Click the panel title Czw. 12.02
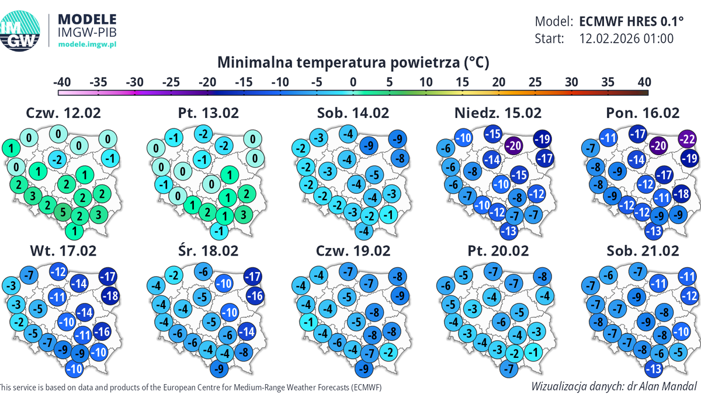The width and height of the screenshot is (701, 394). pyautogui.click(x=64, y=113)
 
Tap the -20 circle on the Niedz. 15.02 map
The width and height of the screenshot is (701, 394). pyautogui.click(x=513, y=144)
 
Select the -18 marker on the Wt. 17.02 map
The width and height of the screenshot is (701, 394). pyautogui.click(x=111, y=296)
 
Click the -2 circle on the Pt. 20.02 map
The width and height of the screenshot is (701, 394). pyautogui.click(x=513, y=354)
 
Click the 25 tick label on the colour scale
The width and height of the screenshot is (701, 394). pyautogui.click(x=535, y=82)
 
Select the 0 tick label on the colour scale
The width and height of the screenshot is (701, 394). pyautogui.click(x=353, y=82)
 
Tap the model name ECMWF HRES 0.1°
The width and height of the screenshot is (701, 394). pyautogui.click(x=631, y=22)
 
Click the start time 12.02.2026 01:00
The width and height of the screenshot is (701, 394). pyautogui.click(x=627, y=39)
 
